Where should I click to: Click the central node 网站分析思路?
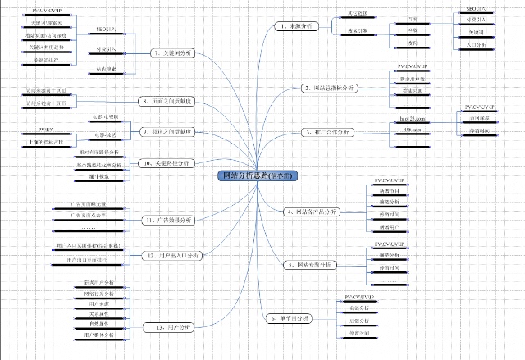coord(259,176)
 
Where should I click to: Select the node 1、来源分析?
coord(296,27)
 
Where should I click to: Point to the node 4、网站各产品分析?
coord(312,212)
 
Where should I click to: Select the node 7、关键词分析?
coord(171,52)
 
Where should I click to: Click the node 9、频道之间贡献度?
coord(167,131)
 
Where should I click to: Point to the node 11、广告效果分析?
coord(168,220)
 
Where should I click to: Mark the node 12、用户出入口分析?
coord(171,256)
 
